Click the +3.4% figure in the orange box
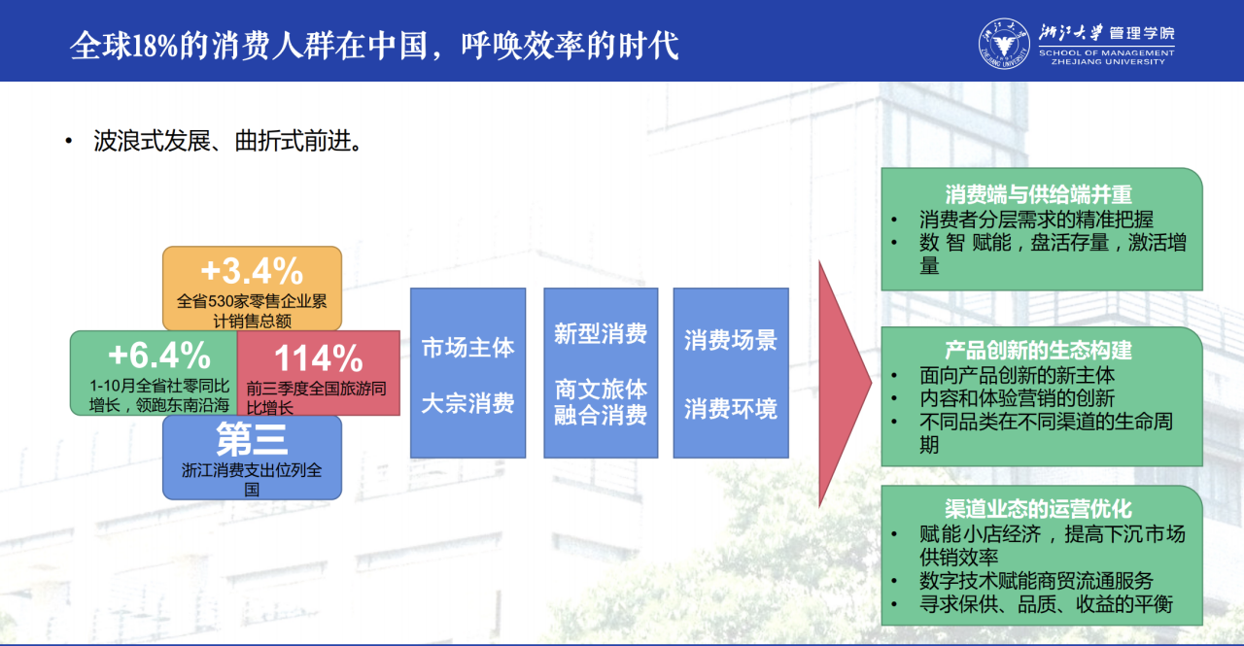tap(252, 271)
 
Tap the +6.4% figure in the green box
tap(159, 356)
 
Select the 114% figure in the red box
tap(319, 357)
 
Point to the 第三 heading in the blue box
tap(252, 439)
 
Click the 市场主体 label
tap(467, 348)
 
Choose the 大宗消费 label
tap(467, 403)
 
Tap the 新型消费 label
tap(601, 334)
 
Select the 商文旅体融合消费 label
tap(601, 402)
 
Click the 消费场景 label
tap(730, 340)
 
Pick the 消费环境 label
tap(730, 409)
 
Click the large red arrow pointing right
tap(842, 383)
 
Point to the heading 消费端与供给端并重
tap(1039, 194)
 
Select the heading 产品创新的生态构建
tap(1039, 350)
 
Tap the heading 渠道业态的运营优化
tap(1039, 509)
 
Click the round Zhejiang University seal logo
tap(1004, 44)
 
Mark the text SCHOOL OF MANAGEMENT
tap(1106, 53)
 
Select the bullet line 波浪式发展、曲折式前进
tap(228, 141)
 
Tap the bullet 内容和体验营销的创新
tap(1017, 398)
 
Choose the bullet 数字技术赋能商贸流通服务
tap(1036, 581)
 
